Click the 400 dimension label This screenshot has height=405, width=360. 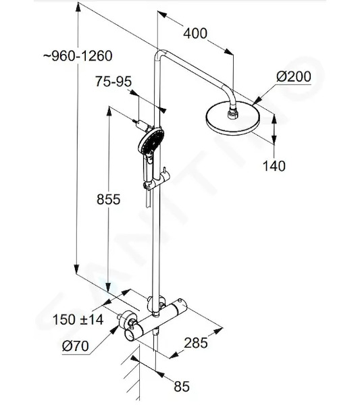(195, 34)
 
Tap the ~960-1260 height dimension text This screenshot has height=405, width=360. (78, 56)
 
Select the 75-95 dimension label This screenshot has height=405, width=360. (113, 82)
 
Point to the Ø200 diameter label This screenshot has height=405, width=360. (294, 77)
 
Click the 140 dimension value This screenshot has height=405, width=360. (274, 165)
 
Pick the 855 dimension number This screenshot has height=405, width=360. (109, 199)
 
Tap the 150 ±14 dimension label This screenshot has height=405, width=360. (78, 319)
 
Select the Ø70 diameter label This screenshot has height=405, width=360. (75, 346)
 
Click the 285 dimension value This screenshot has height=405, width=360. (196, 343)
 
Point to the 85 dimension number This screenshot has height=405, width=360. (182, 386)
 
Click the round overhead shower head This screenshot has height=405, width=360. (233, 118)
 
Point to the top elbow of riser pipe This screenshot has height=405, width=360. (160, 53)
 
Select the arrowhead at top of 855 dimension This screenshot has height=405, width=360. (109, 111)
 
